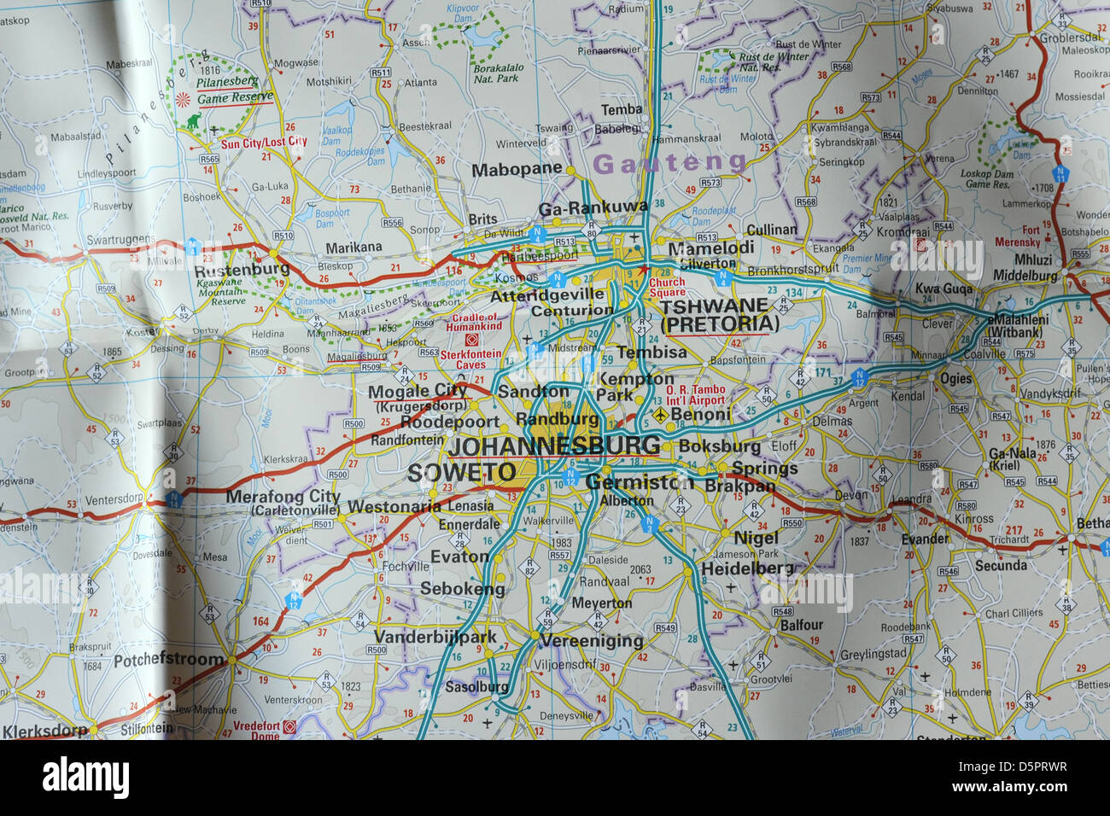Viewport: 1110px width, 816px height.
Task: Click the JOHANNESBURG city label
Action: point(554,446)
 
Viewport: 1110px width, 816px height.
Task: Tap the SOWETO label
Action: point(461,473)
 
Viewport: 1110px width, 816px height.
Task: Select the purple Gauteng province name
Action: point(669,163)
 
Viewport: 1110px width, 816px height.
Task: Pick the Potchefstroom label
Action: point(169,660)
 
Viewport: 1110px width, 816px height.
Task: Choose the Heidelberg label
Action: point(747,569)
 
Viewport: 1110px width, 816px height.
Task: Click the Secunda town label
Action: point(1001,565)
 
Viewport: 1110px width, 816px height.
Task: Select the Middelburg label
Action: point(1025,276)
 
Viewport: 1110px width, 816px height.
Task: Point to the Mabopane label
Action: point(517,169)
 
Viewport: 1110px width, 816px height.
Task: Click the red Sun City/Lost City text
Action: point(264,143)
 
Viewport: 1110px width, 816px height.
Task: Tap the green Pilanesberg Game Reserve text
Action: point(227,90)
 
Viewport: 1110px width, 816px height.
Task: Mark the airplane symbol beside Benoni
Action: point(659,415)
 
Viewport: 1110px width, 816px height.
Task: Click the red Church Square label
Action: point(666,288)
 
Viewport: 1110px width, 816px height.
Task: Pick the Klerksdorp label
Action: point(45,731)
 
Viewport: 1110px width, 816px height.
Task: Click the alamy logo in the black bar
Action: point(86,778)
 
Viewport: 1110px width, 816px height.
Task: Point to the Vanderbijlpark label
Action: point(435,637)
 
